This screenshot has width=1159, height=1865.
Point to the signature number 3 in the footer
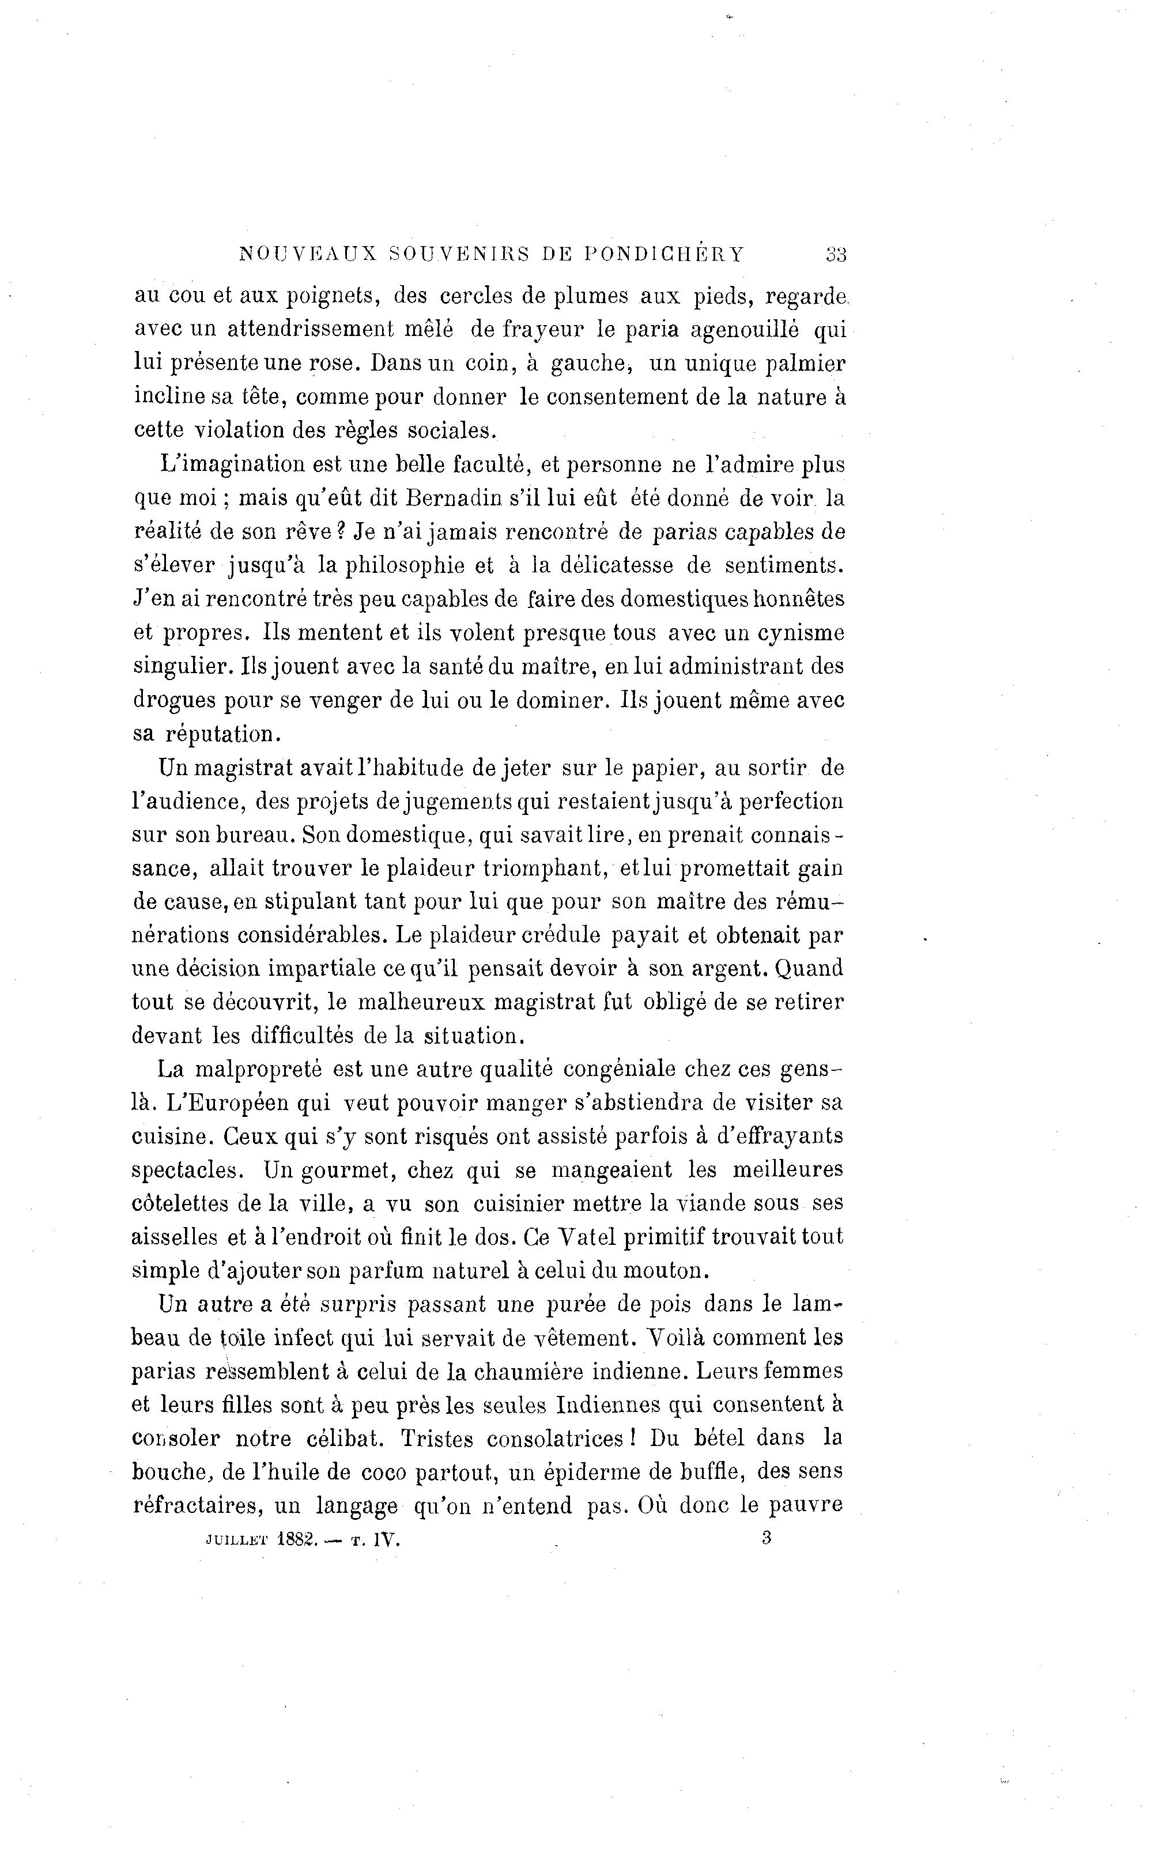767,1538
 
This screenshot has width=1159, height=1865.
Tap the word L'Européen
240,1103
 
